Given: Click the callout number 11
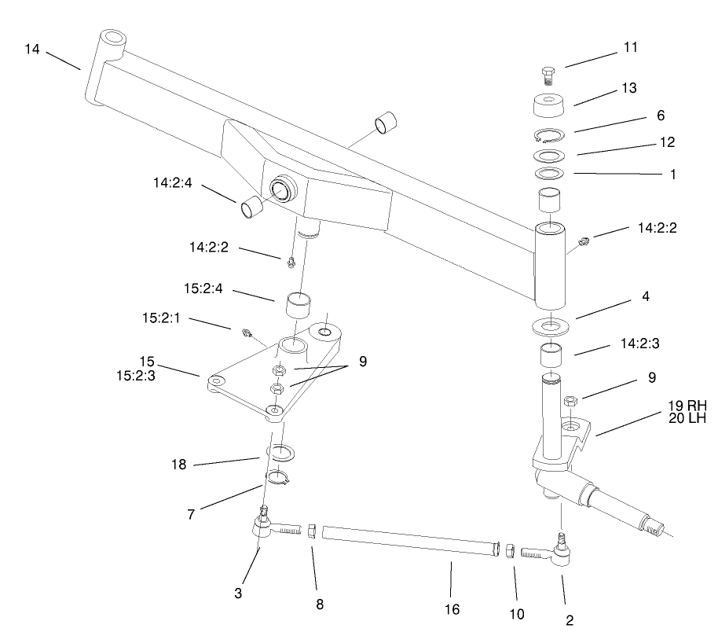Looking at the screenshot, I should (x=630, y=48).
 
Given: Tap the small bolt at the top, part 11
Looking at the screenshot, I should (x=548, y=75).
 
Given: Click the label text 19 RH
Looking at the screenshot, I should (x=687, y=406).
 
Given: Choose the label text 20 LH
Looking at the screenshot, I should (x=687, y=419).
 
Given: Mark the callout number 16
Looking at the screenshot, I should (x=451, y=609).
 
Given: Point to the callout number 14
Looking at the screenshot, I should (x=32, y=49).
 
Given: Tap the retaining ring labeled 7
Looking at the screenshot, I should (x=280, y=477).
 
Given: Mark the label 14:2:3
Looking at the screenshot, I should (x=640, y=344).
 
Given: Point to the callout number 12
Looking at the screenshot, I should (x=667, y=143).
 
